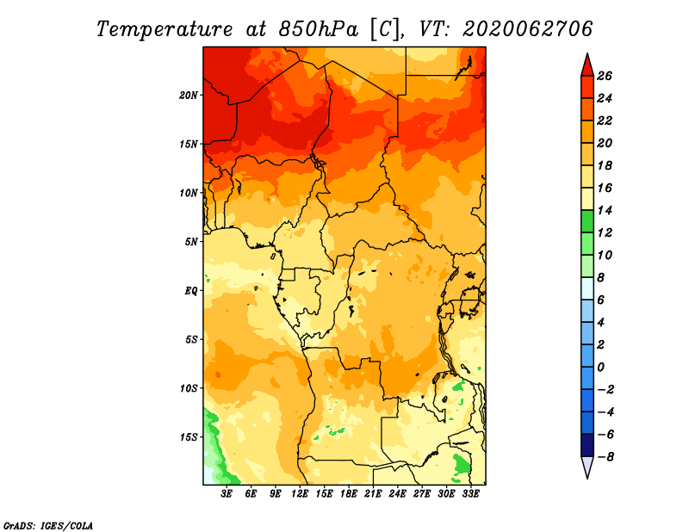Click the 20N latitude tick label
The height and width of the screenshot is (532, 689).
point(189,96)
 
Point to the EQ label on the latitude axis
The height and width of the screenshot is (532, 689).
point(191,291)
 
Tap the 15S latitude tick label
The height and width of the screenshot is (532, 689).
point(189,437)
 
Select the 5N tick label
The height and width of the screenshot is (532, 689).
point(191,242)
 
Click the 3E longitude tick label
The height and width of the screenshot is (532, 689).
point(227,494)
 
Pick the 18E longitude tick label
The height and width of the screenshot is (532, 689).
point(349,494)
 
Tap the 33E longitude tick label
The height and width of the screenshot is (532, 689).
point(470,494)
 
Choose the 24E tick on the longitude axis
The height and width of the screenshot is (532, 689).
point(397,494)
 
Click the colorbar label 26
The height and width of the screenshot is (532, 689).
point(605,76)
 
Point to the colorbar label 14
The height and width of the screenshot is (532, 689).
point(605,210)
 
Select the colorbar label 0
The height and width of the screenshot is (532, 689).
point(600,368)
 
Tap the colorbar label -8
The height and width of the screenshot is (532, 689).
point(605,457)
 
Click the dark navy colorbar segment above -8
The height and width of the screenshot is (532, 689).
point(587,445)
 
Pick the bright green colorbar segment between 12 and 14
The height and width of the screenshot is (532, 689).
point(587,221)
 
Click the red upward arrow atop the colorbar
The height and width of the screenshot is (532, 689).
point(587,65)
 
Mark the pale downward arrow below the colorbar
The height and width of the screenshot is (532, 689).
point(587,467)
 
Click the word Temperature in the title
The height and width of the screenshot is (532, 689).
point(164,29)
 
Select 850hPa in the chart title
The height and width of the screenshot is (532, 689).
point(318,29)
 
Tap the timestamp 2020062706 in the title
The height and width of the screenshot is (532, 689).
point(527,28)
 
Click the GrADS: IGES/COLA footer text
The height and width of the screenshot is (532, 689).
point(48,525)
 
